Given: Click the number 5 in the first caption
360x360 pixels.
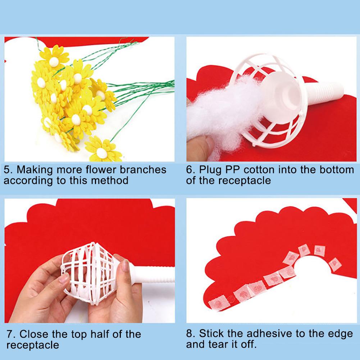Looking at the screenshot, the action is point(7,170).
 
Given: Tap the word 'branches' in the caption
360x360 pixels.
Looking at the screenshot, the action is point(143,170).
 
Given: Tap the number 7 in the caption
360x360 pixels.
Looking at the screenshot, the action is point(10,334).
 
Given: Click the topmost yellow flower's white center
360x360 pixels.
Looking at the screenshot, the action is point(54,62).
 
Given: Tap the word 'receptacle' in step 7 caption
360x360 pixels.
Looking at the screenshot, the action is point(33,345).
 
